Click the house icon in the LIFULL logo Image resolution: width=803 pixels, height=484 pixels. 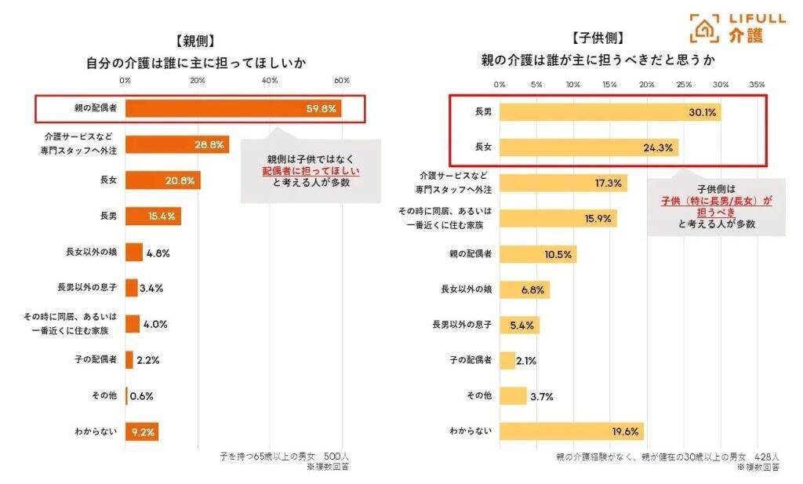click(703, 27)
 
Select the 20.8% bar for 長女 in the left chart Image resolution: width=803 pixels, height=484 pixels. click(162, 180)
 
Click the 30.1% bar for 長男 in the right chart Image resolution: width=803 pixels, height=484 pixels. click(609, 113)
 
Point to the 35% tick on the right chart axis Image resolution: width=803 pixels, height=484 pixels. click(757, 84)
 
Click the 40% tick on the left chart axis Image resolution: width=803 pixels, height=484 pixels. click(270, 81)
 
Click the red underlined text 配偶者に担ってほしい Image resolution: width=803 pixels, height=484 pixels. click(310, 170)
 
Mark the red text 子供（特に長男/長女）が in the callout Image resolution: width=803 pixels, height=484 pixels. click(716, 201)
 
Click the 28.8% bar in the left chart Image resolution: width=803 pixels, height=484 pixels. click(176, 144)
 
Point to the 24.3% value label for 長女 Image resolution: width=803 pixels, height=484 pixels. click(659, 147)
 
